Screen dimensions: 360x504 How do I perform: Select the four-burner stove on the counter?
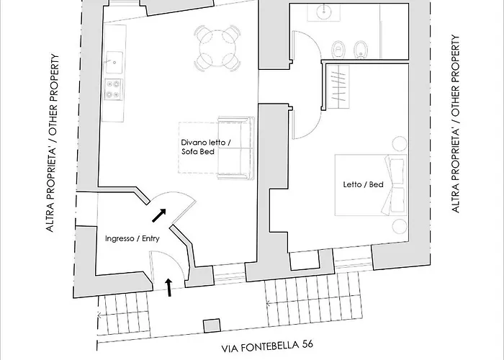114,89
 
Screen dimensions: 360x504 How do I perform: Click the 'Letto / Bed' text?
363,184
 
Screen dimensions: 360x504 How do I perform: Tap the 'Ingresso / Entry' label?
132,238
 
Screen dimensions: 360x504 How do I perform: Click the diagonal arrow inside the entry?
158,214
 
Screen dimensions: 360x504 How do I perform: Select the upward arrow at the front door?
168,287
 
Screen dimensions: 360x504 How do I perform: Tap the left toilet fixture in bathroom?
338,49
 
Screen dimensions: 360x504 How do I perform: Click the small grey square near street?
211,325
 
